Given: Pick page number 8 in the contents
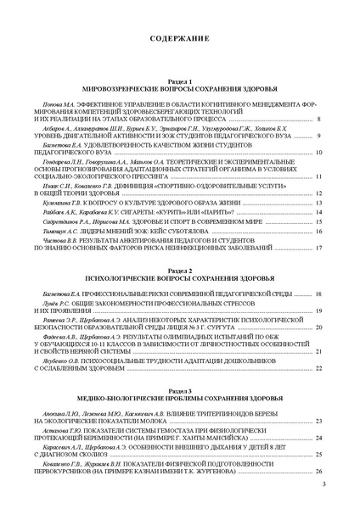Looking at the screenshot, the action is [318, 120].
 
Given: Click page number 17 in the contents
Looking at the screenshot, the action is [318, 249].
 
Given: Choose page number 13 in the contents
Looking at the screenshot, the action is [318, 205].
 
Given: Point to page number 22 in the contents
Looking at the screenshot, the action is [318, 369].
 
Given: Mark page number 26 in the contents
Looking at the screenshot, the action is [318, 470].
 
